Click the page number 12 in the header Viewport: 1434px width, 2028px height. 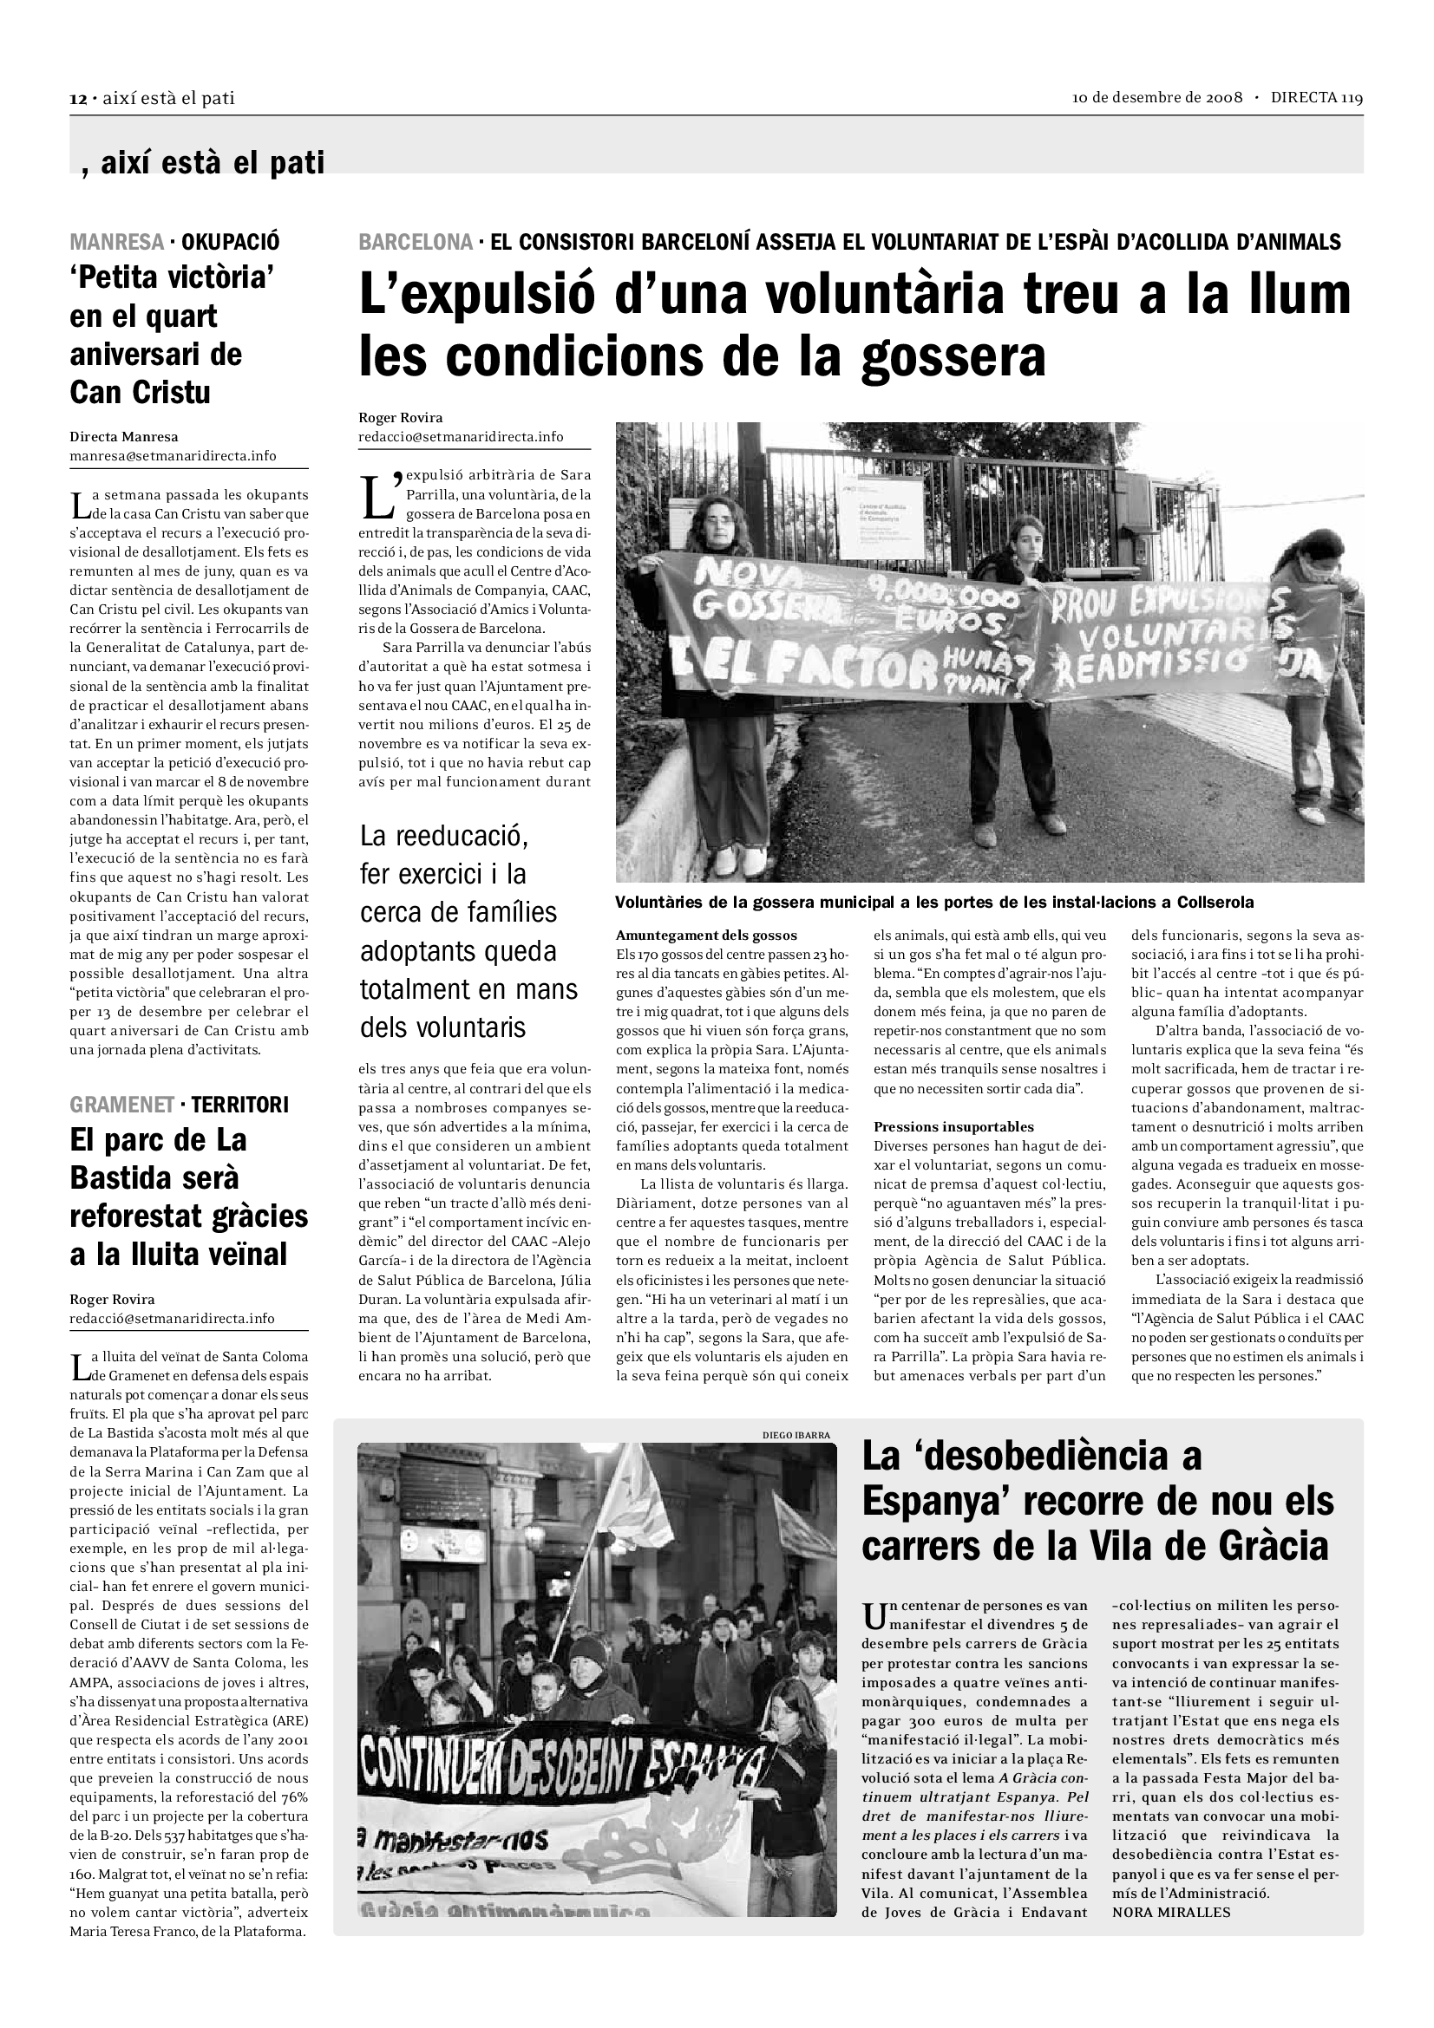point(77,98)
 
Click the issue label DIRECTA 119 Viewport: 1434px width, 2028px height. point(1317,98)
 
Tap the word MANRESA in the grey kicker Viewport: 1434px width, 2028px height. point(116,241)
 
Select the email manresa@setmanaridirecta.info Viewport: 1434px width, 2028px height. point(174,456)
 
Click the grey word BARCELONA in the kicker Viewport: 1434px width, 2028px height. point(416,242)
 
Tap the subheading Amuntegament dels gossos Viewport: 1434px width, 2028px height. point(706,936)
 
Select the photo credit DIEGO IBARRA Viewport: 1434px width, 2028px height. point(796,1435)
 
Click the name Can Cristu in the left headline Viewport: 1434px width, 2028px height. point(141,392)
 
